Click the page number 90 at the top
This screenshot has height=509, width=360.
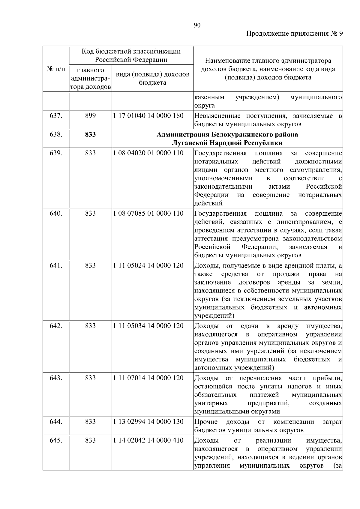[x=197, y=25]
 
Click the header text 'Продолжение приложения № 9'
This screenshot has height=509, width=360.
[x=294, y=34]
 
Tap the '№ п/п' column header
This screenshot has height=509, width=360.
[x=56, y=69]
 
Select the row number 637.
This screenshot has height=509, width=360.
[x=56, y=115]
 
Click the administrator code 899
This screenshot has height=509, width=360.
[x=90, y=115]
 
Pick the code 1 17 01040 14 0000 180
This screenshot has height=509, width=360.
[x=148, y=115]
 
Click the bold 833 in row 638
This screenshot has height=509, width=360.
[x=90, y=134]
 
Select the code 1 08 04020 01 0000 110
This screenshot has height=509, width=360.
[x=148, y=153]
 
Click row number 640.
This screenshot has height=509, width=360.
[x=56, y=213]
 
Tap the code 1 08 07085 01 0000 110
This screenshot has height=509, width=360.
[x=148, y=213]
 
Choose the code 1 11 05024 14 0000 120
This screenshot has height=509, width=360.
[x=148, y=265]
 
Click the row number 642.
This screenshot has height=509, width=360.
[x=56, y=326]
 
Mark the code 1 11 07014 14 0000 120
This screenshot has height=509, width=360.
[x=148, y=378]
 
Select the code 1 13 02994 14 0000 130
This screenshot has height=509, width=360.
[x=148, y=421]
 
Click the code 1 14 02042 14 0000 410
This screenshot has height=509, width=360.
[x=148, y=440]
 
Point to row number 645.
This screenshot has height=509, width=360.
[x=56, y=440]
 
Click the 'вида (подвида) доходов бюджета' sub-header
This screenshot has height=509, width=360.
[x=152, y=78]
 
